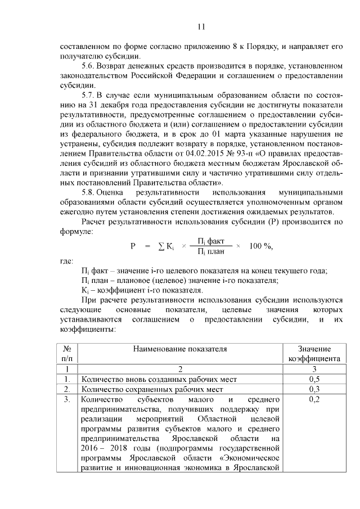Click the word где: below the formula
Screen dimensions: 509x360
pos(67,262)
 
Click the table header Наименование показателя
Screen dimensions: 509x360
pos(179,349)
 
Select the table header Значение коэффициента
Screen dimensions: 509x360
pos(314,353)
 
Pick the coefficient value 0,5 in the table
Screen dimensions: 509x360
pos(314,379)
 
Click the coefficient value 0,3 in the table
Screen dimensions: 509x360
pos(314,389)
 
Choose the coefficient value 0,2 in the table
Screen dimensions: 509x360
pos(314,399)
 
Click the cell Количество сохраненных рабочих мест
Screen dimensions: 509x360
pos(152,389)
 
